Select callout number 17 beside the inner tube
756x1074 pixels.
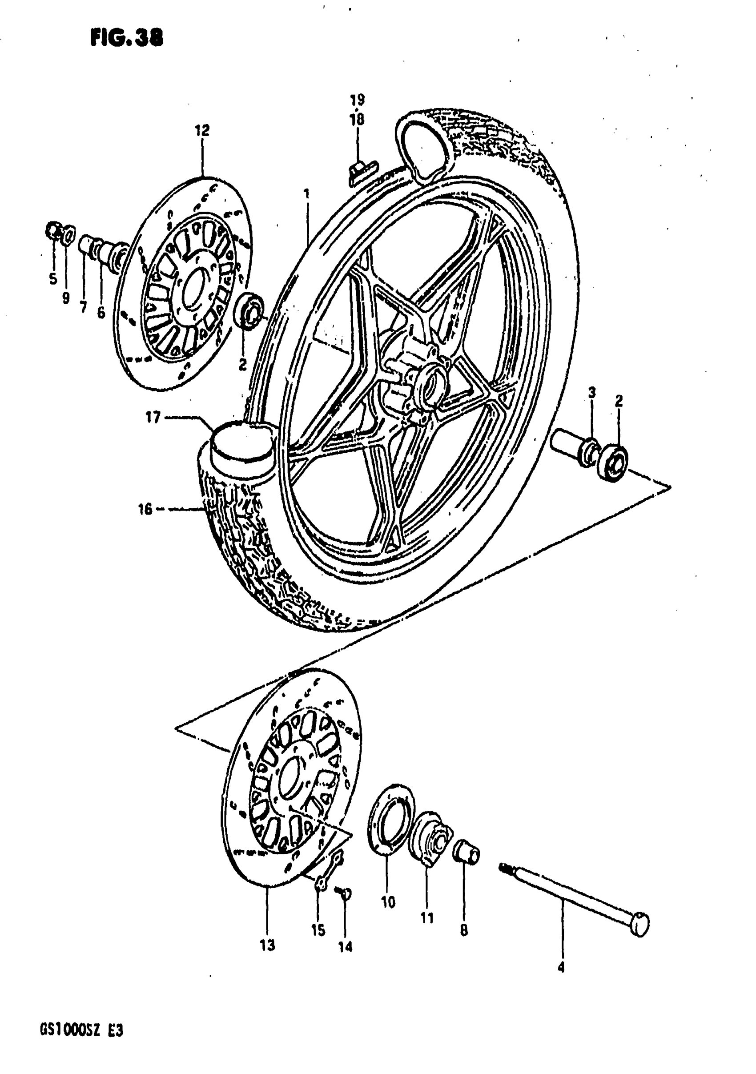point(153,417)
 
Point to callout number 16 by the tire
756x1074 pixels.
point(145,508)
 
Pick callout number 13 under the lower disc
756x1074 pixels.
point(267,945)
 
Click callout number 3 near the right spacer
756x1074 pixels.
point(592,392)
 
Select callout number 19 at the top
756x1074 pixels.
point(357,100)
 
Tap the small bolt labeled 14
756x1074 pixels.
point(345,894)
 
